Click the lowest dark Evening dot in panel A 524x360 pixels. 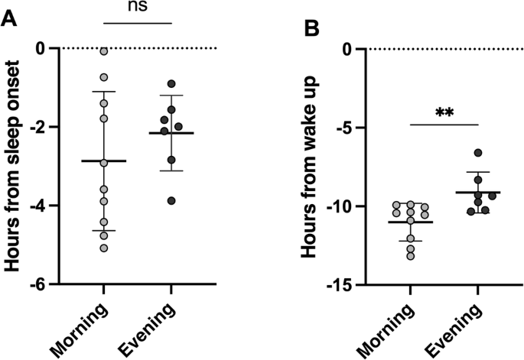pyautogui.click(x=172, y=200)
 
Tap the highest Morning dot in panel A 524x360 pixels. pyautogui.click(x=103, y=51)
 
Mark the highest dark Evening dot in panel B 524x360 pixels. pyautogui.click(x=457, y=153)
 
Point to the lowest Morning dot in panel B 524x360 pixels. pyautogui.click(x=411, y=256)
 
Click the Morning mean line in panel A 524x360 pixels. pyautogui.click(x=103, y=161)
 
